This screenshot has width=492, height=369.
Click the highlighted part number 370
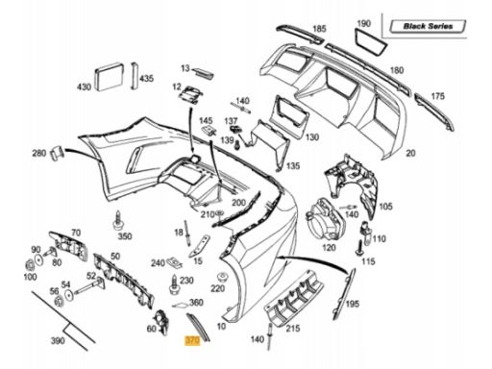click(192, 340)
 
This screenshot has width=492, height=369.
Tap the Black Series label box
click(428, 26)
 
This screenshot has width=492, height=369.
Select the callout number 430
click(84, 86)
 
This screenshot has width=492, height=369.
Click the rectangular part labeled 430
click(110, 77)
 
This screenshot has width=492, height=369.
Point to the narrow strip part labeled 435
click(134, 76)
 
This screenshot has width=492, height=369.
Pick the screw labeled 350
click(118, 221)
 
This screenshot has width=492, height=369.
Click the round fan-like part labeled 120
click(324, 220)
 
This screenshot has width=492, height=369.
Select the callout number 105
click(385, 207)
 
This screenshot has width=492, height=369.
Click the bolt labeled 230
click(174, 284)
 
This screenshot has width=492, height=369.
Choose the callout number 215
click(293, 328)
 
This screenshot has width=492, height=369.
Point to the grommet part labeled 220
click(222, 277)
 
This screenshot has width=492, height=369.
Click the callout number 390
click(58, 341)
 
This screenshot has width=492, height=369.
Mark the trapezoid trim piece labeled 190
click(370, 42)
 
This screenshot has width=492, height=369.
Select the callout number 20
click(410, 153)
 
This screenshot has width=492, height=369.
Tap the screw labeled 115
click(360, 248)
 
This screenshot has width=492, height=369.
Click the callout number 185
click(319, 29)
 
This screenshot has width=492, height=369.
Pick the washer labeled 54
click(68, 296)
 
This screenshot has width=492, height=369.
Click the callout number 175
click(437, 96)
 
